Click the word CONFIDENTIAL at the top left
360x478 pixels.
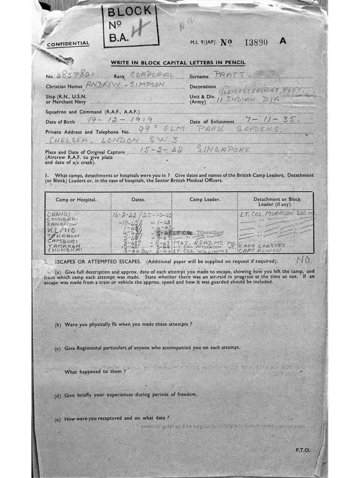(x=68, y=44)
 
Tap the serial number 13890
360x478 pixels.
(x=256, y=42)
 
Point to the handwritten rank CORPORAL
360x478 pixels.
(x=152, y=75)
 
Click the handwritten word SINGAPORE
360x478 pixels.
(x=223, y=149)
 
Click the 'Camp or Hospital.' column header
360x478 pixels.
(x=76, y=199)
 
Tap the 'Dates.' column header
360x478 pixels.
(x=138, y=199)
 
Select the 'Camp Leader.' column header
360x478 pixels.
(x=205, y=199)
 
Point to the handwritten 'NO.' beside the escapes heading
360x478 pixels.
(x=304, y=259)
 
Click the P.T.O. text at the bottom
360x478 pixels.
(x=302, y=450)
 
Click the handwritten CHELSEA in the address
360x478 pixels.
(x=66, y=140)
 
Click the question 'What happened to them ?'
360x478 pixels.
(x=95, y=372)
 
